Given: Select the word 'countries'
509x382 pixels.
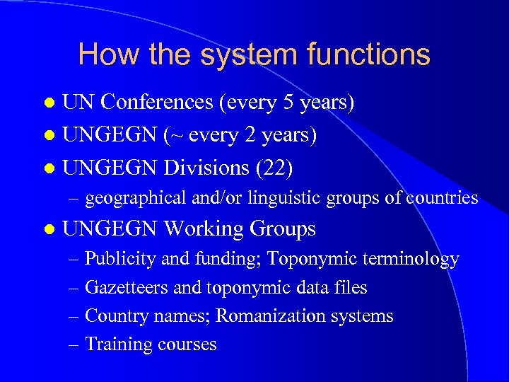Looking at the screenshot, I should (x=443, y=198).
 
